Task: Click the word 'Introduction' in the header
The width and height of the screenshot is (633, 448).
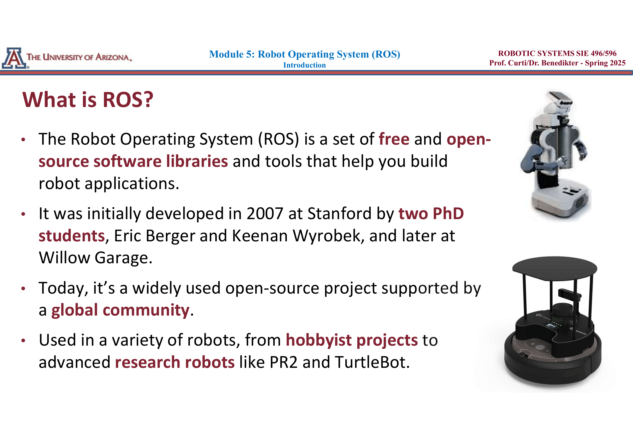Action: [304, 65]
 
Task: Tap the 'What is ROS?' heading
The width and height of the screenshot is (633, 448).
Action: [88, 100]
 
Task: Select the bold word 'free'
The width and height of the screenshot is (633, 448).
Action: [394, 139]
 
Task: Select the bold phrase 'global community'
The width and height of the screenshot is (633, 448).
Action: [120, 310]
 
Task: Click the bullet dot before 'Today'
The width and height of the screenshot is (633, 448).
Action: [24, 288]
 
